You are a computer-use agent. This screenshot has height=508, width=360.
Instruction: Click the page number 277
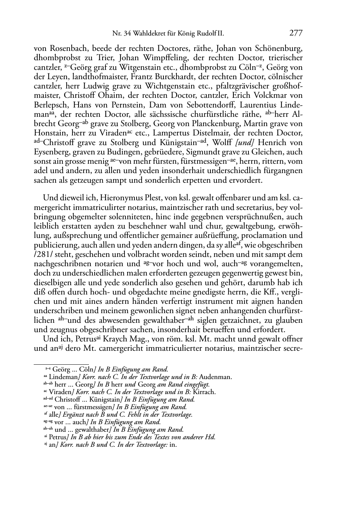[296, 33]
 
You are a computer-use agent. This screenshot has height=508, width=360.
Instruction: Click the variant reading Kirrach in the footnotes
[204, 392]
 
